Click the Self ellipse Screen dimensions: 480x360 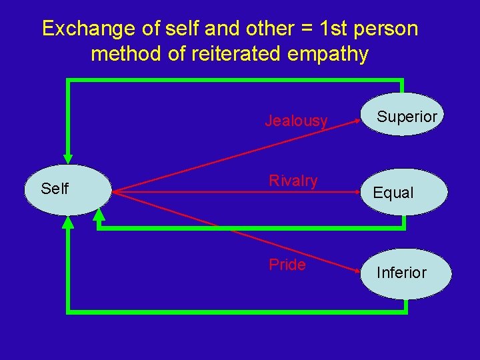point(67,190)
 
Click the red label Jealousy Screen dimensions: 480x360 point(296,121)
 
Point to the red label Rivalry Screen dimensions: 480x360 point(293,181)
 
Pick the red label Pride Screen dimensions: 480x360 point(287,265)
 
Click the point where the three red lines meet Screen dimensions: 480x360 point(113,192)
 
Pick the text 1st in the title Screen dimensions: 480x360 point(331,29)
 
